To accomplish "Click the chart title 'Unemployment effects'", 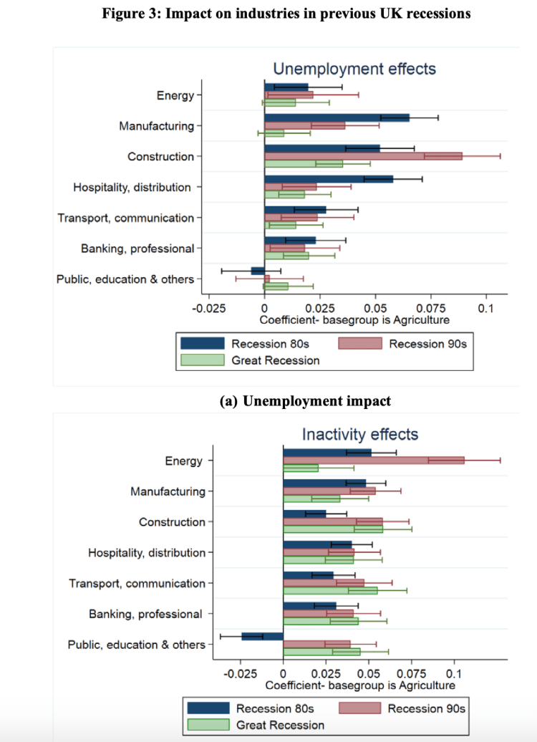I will coord(354,69).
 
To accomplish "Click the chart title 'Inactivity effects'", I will coord(359,434).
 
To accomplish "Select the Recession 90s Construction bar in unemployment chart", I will coord(363,155).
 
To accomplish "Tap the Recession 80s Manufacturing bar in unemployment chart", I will coord(337,117).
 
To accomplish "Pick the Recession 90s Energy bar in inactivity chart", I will coord(373,460).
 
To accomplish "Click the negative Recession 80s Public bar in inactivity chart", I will coord(262,636).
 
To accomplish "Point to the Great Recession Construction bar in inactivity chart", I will coord(333,529).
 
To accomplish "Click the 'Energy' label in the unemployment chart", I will coord(175,95).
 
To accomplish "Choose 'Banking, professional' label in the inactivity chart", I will coord(145,614).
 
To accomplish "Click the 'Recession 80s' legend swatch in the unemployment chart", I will coord(202,344).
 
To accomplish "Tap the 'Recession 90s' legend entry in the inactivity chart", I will coord(427,708).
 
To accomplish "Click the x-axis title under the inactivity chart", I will coord(359,685).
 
